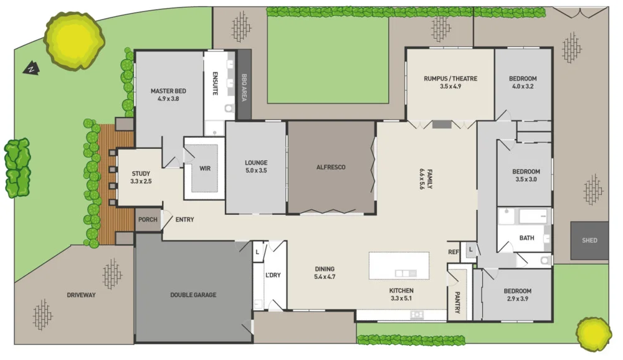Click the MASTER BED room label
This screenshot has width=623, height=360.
[x=168, y=91]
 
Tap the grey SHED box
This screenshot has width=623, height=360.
[x=589, y=240]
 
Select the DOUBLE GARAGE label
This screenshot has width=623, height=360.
[x=193, y=295]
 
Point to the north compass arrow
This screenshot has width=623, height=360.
[x=29, y=69]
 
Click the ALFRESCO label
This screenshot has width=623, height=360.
[x=331, y=167]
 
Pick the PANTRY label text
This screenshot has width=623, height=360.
[x=457, y=303]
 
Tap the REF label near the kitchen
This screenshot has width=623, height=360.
[x=454, y=252]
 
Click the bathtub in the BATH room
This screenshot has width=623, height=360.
[x=531, y=217]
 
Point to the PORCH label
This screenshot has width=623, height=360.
[x=148, y=220]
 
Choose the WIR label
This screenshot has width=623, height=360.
[x=205, y=168]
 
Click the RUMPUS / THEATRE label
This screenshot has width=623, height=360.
[x=450, y=78]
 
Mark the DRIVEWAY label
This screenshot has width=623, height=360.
[x=81, y=295]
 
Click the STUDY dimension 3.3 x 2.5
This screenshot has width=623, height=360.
[x=141, y=181]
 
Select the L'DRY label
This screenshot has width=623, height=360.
[x=273, y=275]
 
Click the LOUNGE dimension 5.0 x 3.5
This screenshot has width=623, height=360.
[x=255, y=170]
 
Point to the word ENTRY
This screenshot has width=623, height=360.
[x=184, y=219]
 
